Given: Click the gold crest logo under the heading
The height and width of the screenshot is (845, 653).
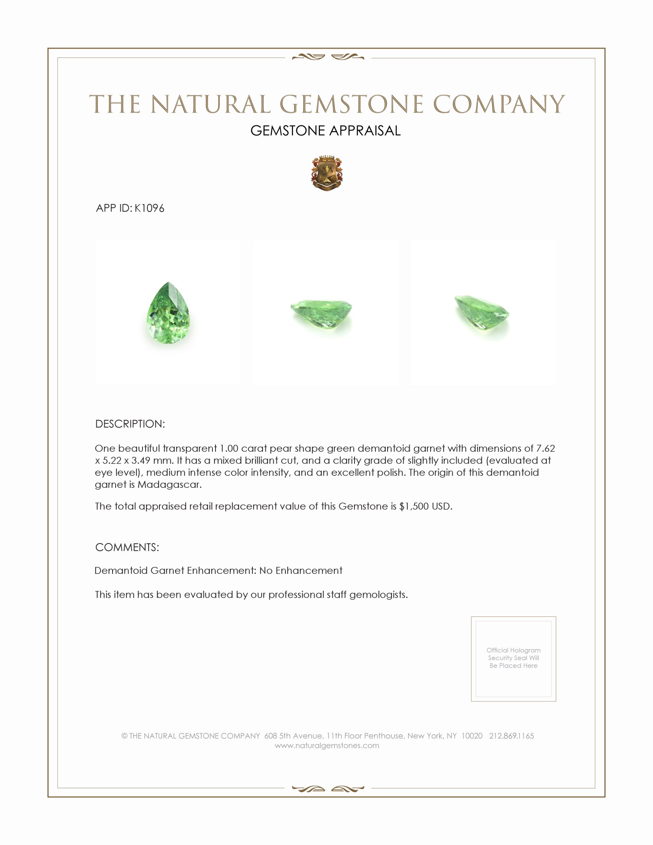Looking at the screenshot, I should pos(326,173).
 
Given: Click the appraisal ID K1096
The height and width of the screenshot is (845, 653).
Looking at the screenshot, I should pos(149,208).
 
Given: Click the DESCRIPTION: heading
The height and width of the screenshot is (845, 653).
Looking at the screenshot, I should pos(130,424).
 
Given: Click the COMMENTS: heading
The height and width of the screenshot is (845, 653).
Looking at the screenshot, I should pos(127,547).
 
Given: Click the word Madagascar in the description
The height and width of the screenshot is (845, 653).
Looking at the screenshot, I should pos(169,484).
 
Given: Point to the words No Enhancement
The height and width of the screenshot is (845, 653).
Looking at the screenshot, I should pos(301,570).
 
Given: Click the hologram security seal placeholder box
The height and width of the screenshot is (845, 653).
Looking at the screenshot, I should pos(513,659).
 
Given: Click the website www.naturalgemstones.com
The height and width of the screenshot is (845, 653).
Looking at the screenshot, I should pos(327,746).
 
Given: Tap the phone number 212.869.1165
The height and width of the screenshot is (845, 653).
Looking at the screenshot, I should pos(511,736).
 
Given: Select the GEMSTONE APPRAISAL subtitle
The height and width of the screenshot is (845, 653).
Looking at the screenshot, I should pos(325,131).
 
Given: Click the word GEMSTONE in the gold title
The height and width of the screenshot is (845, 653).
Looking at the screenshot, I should pos(351,104).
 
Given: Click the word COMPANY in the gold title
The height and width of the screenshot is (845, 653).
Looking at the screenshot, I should pos(499,104).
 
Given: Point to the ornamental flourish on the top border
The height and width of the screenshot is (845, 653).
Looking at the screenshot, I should pos(328,57).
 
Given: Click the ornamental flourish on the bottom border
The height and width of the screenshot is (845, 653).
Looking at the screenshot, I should pos(328,789).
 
